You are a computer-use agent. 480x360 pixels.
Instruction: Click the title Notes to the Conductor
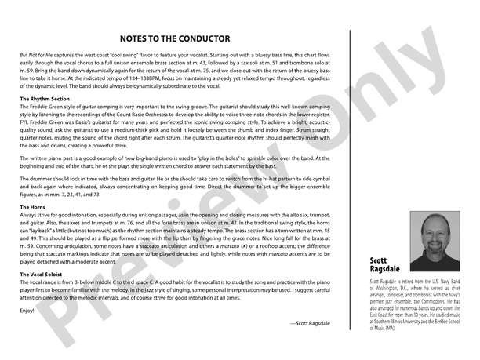pyautogui.click(x=175, y=38)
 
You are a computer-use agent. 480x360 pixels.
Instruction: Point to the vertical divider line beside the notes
pyautogui.click(x=349, y=180)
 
